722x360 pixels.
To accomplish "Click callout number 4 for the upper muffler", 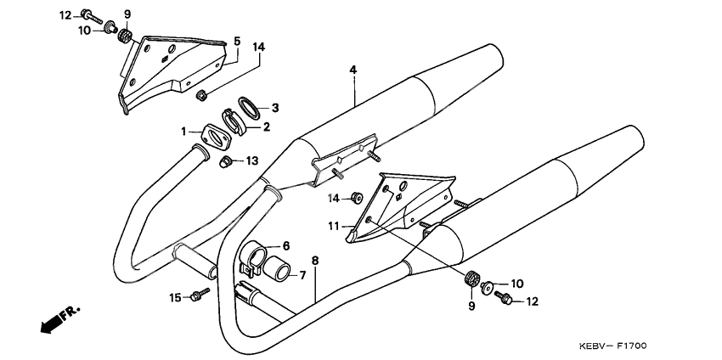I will [x=352, y=70].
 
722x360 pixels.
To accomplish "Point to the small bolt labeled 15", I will [x=199, y=295].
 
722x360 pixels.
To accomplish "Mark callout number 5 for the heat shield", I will [x=237, y=41].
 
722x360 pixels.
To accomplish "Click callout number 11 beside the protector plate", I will [x=334, y=226].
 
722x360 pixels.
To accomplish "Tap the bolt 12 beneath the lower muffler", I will [x=504, y=298].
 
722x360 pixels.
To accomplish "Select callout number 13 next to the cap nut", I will [x=253, y=160].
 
